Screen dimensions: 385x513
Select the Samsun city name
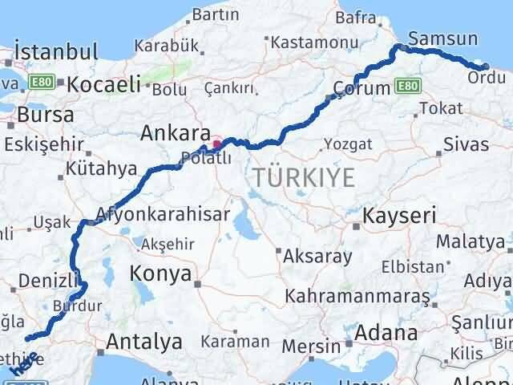point(442,38)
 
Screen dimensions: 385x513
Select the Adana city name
point(387,332)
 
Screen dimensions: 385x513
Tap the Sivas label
point(466,146)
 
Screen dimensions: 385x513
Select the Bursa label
point(45,114)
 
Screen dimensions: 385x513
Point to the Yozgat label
point(349,144)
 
